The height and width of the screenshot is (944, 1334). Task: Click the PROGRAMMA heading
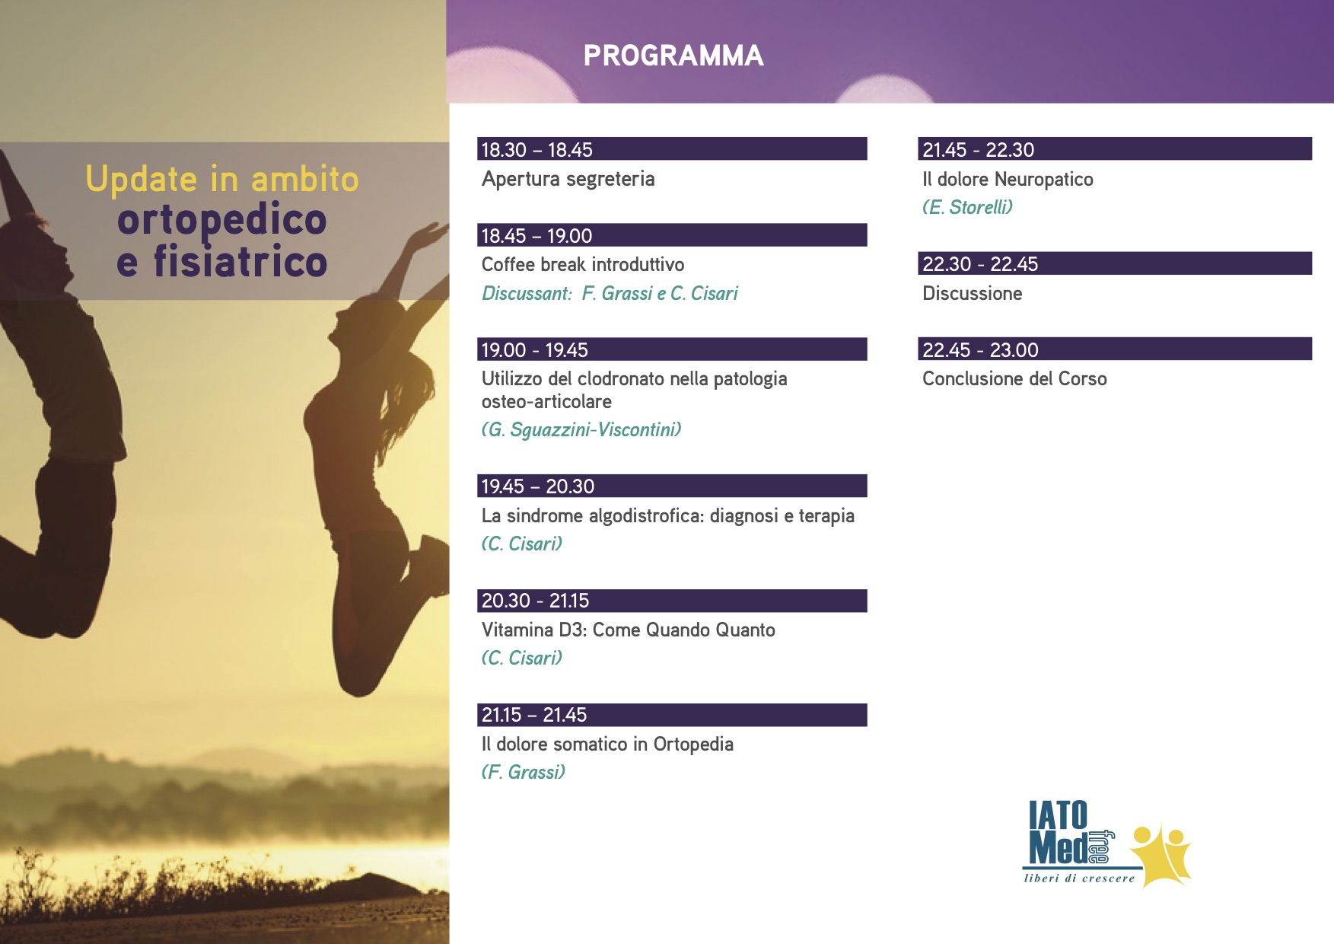[x=673, y=56]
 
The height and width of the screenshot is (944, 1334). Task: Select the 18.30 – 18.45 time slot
[x=536, y=150]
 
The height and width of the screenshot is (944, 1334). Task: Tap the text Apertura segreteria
[x=568, y=180]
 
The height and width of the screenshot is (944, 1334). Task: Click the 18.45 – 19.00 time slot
[x=536, y=236]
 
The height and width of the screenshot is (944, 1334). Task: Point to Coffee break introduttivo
[x=583, y=264]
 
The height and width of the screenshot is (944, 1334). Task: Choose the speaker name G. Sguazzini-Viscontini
[x=581, y=430]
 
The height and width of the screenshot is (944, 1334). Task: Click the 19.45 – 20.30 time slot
[x=538, y=486]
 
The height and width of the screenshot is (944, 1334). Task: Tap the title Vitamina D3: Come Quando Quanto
[x=629, y=630]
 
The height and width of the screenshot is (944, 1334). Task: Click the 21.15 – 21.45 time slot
[x=534, y=715]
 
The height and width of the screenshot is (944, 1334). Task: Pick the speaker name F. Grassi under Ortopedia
[x=524, y=773]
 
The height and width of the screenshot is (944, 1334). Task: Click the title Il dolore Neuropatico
[x=1008, y=180]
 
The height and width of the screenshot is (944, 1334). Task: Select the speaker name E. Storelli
[x=967, y=207]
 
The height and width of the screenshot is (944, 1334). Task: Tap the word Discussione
[x=972, y=293]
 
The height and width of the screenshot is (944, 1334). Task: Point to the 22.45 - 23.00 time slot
[x=980, y=350]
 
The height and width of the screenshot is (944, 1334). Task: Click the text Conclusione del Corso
[x=1014, y=378]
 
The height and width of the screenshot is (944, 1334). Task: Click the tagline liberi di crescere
[x=1079, y=879]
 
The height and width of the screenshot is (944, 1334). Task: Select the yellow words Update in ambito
[x=221, y=180]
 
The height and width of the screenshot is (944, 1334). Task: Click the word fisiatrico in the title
[x=240, y=261]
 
